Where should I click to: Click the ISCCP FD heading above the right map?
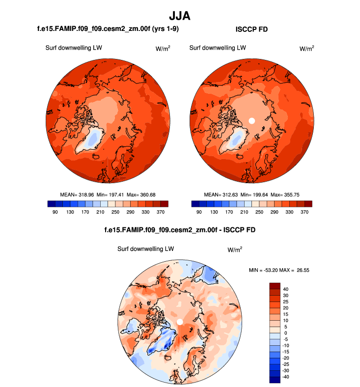[251, 30]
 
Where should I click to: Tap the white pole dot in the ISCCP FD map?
[252, 120]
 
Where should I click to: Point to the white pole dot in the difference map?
[180, 321]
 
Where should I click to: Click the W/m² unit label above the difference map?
[235, 249]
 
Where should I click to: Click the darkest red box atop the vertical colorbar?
[275, 285]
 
